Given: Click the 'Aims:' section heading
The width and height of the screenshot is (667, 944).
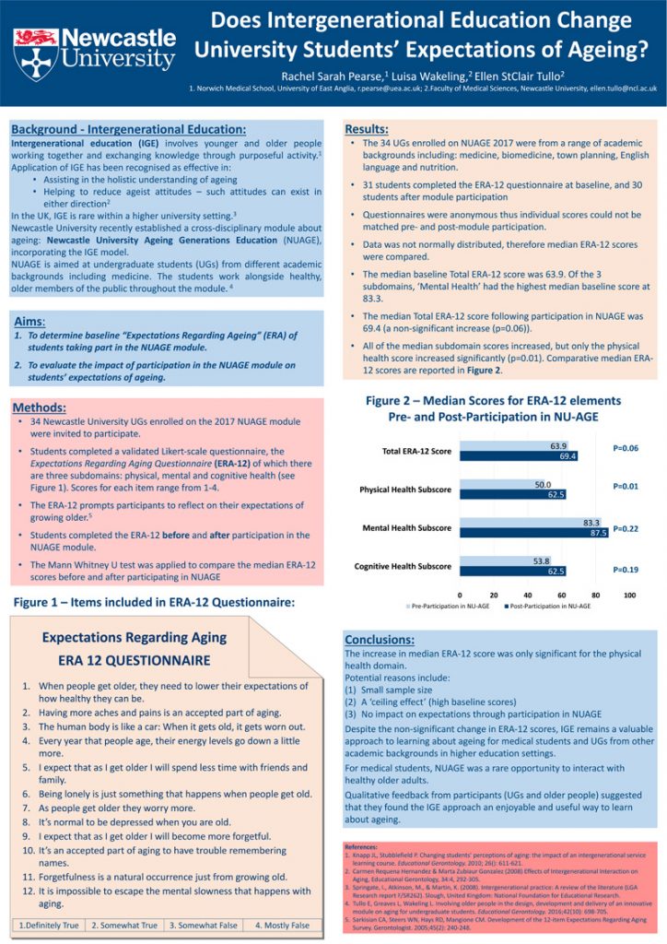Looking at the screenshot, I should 34,320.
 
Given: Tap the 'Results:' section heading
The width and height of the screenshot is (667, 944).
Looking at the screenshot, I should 366,129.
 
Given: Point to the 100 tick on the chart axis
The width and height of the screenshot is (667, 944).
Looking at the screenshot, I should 630,595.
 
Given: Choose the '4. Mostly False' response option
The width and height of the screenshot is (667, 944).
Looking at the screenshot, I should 282,925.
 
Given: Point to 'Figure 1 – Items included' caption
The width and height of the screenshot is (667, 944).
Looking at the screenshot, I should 154,603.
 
